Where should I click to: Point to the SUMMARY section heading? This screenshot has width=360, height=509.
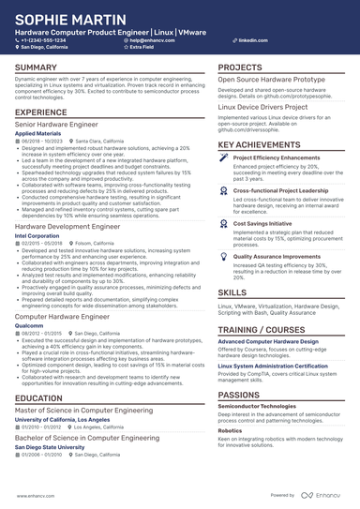point(36,68)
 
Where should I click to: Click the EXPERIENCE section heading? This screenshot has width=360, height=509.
point(40,112)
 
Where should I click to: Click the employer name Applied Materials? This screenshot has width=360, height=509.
point(40,133)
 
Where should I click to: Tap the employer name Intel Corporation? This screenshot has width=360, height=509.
point(38,235)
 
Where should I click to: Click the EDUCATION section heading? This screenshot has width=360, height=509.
point(38,397)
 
